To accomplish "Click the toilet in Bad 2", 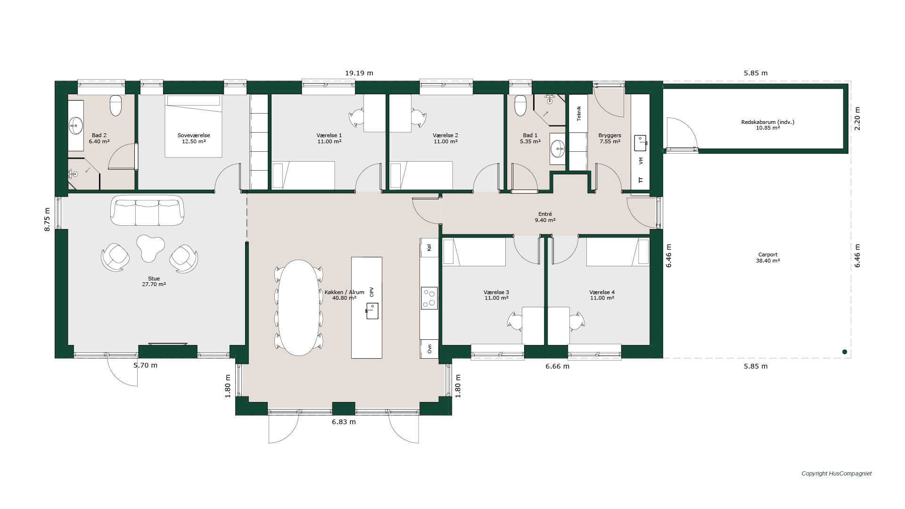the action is (x=115, y=106).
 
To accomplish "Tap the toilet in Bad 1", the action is (x=520, y=106).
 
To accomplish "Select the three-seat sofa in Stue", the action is (x=147, y=210).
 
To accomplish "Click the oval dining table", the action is (x=298, y=307).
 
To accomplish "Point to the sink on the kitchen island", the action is (x=372, y=311).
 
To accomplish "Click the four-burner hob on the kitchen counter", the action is (x=429, y=298).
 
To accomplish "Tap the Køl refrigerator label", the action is (x=429, y=247).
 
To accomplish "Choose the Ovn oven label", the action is (x=429, y=349).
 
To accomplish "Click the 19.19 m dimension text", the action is (x=359, y=73).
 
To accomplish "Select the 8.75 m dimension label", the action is (x=47, y=219).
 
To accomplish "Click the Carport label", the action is (x=768, y=254).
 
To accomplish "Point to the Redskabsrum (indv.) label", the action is (x=768, y=122).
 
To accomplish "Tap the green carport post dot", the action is (x=845, y=352).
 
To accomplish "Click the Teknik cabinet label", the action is (x=579, y=114).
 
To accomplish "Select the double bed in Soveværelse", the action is (x=193, y=126).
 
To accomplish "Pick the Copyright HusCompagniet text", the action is (x=837, y=474).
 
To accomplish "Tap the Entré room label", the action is (x=545, y=214).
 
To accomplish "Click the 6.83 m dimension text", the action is (x=344, y=422).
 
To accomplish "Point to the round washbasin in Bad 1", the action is (x=558, y=148).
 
